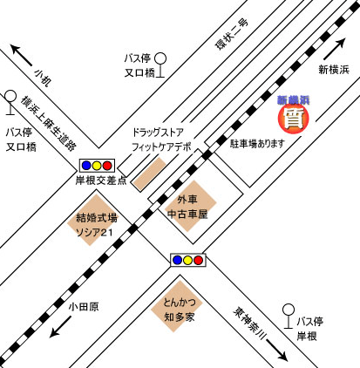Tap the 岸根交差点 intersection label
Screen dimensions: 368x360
pos(102,181)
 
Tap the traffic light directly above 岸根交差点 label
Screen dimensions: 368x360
pos(97,164)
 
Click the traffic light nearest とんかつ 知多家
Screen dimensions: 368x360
pos(187,260)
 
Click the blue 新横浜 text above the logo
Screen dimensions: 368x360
pos(295,102)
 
